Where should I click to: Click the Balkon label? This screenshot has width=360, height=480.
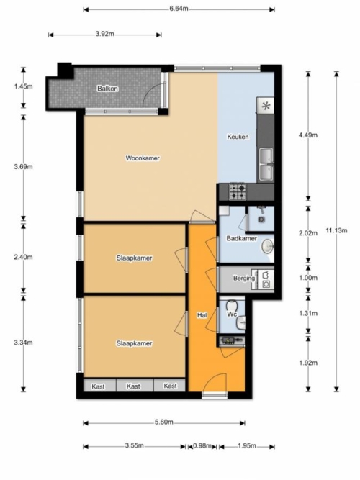point(107,89)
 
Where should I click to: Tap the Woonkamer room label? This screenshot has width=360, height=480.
point(143,158)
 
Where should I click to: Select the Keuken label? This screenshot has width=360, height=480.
point(238,137)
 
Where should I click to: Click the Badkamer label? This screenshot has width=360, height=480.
point(241,238)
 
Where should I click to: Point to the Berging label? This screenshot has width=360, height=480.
point(244,279)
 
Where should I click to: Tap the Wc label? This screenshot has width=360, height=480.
point(232,314)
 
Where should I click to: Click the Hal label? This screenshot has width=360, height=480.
point(202,315)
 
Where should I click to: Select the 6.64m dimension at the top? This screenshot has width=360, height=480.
point(179,9)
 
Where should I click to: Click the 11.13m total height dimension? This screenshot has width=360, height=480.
point(336,230)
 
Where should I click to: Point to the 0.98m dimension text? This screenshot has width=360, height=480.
point(202,445)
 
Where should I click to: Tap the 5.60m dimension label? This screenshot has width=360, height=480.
point(164,422)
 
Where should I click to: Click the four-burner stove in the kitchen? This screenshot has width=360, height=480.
point(238,192)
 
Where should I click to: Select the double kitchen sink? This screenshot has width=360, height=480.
point(266,164)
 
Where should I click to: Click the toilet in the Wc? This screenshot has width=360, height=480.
point(231,306)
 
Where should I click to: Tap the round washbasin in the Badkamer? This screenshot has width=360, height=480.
point(268,246)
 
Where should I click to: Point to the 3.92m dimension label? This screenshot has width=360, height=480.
point(105,34)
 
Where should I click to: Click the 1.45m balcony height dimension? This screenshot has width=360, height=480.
point(23,86)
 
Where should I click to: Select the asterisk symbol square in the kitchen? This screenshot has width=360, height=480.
point(266,106)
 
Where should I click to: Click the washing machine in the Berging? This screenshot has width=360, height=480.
point(266,284)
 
